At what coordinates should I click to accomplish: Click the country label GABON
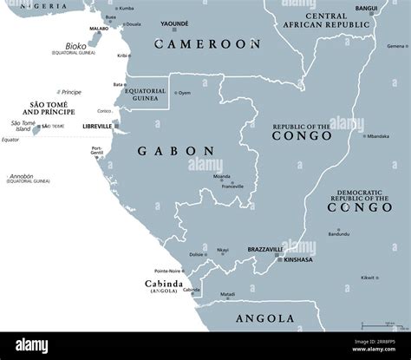(175, 151)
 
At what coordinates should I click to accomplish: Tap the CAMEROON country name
(206, 43)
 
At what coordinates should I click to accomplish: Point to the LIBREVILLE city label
(96, 126)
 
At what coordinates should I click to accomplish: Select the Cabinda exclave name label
(163, 283)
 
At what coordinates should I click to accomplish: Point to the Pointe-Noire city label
(171, 271)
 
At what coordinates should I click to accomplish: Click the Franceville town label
(232, 186)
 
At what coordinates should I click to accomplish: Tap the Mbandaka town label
(377, 136)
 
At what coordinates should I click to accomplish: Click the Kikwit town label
(369, 278)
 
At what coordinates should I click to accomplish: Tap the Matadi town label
(226, 295)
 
